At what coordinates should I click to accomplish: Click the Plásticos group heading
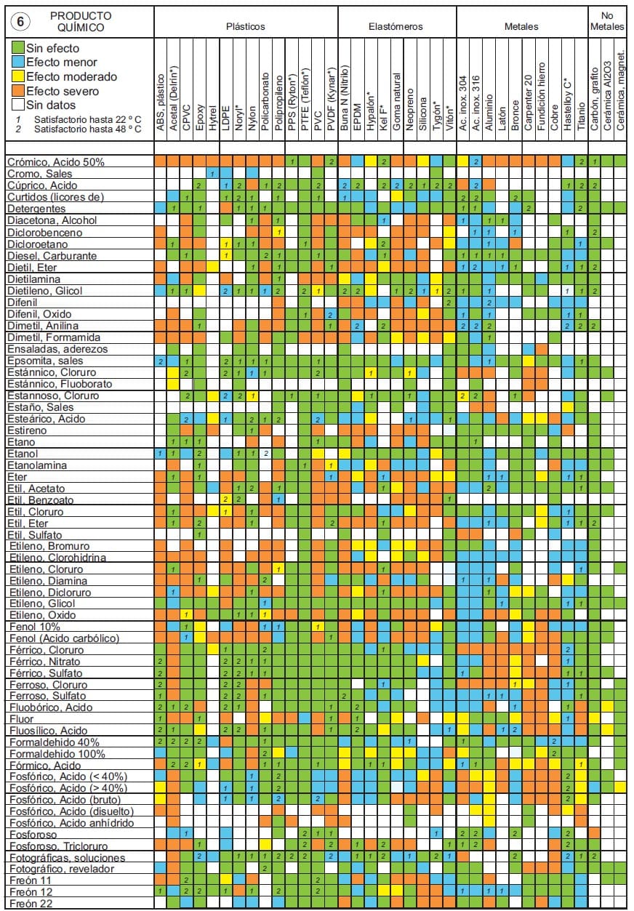245,27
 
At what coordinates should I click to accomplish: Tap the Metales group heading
521,27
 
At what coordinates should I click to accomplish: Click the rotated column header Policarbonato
265,102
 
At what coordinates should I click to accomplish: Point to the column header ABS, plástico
161,102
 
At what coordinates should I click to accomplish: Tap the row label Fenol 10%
33,627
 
